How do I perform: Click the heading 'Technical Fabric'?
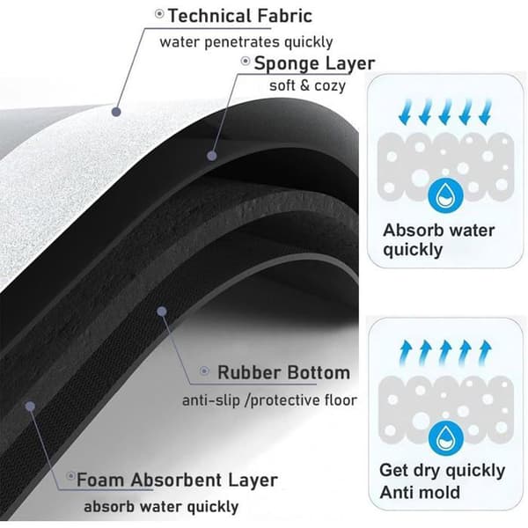point(240,16)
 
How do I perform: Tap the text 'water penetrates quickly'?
point(246,42)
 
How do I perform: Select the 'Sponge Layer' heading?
point(314,63)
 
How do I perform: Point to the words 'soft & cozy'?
point(307,85)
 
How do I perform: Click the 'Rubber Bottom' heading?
point(284,372)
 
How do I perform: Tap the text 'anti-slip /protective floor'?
point(269,400)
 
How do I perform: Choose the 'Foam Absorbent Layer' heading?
point(177,480)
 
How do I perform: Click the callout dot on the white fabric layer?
point(116,112)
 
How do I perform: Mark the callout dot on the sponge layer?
point(212,156)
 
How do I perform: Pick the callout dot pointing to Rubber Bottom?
point(162,312)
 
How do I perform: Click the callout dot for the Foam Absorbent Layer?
point(30,407)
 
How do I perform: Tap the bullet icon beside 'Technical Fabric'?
point(159,14)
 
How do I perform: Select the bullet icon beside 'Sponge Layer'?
point(246,61)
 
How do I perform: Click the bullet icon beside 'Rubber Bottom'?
point(204,371)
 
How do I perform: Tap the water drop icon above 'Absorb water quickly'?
point(445,195)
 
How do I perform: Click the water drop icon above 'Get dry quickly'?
point(445,438)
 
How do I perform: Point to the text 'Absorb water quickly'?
point(439,240)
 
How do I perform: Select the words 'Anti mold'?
point(420,492)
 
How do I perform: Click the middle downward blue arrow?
point(444,111)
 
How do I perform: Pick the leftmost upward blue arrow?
point(405,353)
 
